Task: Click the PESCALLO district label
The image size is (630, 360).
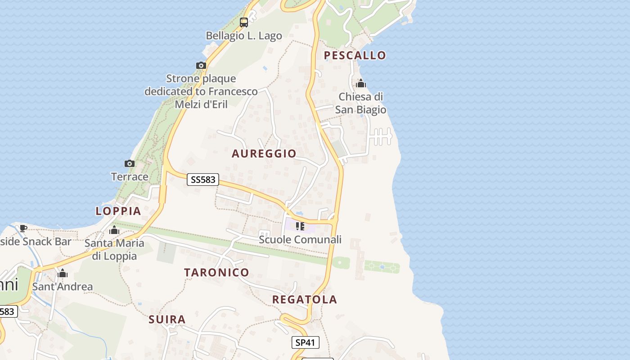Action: point(355,55)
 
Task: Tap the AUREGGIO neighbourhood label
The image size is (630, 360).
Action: point(264,153)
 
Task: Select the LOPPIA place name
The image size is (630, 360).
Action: point(118,211)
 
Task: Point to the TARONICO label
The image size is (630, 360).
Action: point(216,272)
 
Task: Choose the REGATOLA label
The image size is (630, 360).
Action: point(305,300)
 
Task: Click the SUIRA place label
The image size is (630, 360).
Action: point(167,319)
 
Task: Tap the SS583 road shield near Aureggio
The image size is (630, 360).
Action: point(202,180)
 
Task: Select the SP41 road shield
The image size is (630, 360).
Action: point(305,342)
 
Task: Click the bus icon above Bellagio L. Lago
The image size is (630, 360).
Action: point(244,22)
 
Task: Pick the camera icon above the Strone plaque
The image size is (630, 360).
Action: point(201,66)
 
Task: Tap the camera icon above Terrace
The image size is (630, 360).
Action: point(130,163)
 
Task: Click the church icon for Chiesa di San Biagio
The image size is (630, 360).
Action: point(361,84)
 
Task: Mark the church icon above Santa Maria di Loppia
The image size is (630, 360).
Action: point(114,230)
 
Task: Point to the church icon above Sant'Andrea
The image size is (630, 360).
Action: point(63,273)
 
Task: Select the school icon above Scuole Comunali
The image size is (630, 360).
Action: point(300,226)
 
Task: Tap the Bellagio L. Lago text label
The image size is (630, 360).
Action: point(244,36)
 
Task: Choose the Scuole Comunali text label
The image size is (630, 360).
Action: point(300,239)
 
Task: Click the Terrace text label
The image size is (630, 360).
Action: point(130,176)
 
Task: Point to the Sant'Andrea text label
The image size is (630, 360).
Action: point(63,287)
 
